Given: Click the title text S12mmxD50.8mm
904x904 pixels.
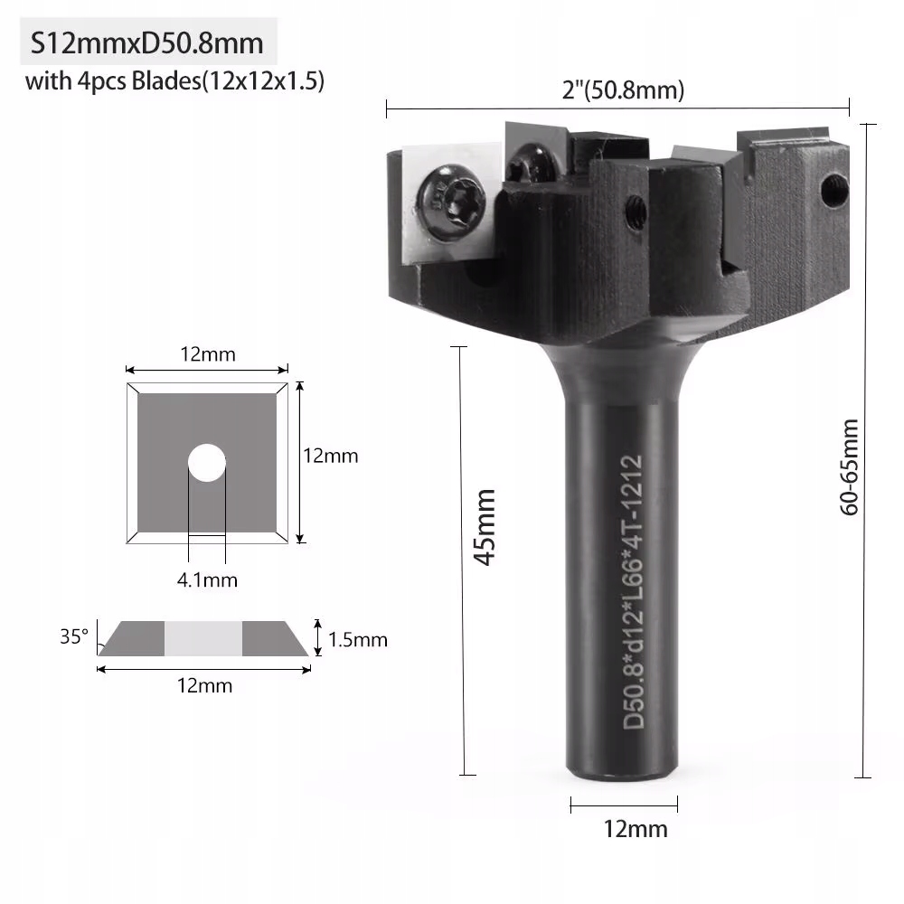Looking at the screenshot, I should tap(147, 43).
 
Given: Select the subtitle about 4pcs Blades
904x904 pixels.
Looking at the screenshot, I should tap(174, 82).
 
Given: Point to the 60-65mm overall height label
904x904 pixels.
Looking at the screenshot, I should tap(849, 466).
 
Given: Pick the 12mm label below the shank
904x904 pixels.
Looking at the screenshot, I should tap(624, 828).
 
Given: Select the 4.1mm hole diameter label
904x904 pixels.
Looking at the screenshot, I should tap(207, 579).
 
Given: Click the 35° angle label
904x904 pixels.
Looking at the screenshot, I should tap(74, 636).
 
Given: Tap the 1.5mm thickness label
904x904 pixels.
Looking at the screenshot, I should tap(357, 640).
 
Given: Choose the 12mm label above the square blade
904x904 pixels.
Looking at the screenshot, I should tap(207, 354).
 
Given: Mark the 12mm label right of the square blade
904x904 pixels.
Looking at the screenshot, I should tap(330, 456).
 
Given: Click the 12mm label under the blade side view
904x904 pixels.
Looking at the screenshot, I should tap(204, 685).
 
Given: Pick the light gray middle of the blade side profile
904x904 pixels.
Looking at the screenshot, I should tap(203, 638).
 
